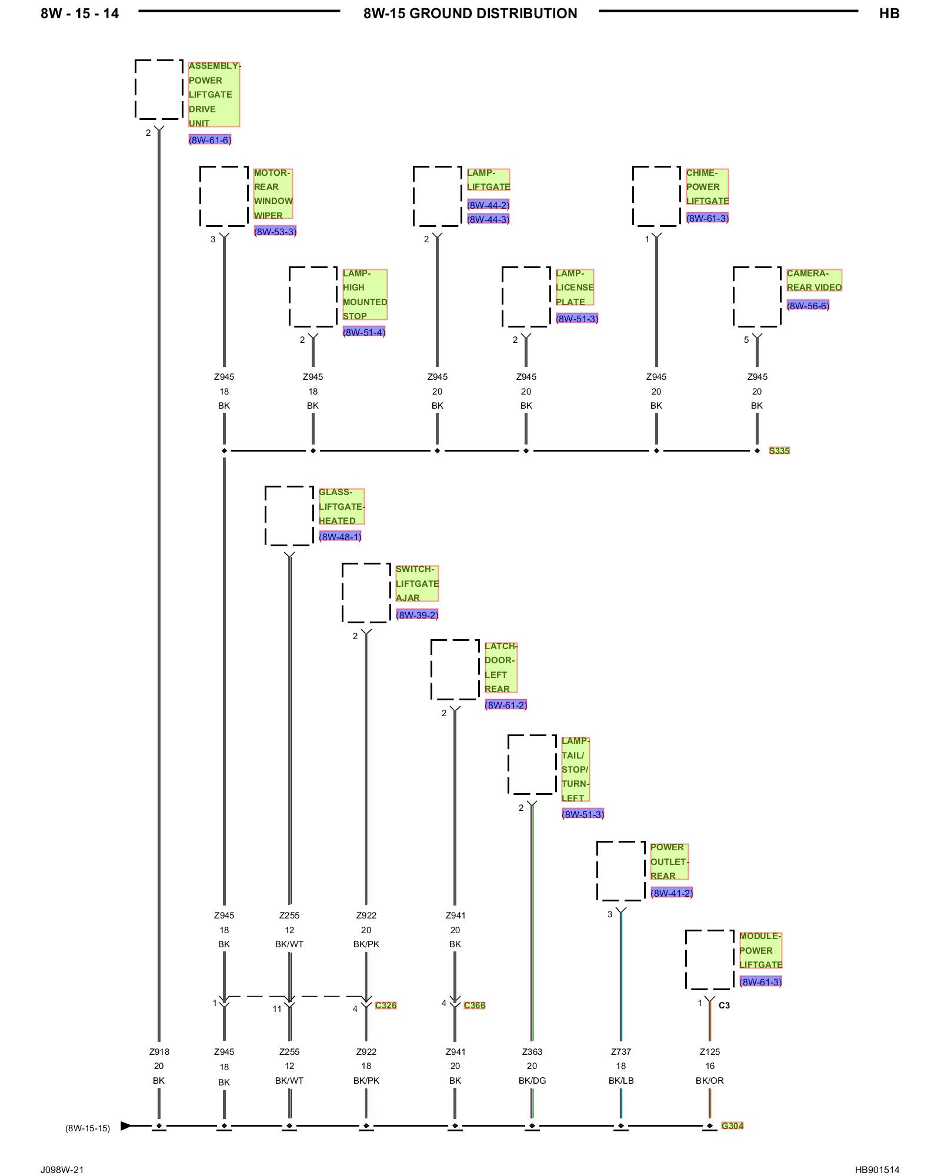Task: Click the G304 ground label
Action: pyautogui.click(x=732, y=1125)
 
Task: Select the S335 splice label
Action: pyautogui.click(x=779, y=450)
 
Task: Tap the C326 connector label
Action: pyautogui.click(x=386, y=1005)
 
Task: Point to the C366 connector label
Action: pyautogui.click(x=475, y=1005)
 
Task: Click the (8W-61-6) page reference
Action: pyautogui.click(x=210, y=140)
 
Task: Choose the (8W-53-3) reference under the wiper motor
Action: pyautogui.click(x=275, y=231)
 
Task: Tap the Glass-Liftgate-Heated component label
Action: pyautogui.click(x=342, y=506)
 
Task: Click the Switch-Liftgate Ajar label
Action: pyautogui.click(x=417, y=583)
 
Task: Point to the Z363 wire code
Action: pyautogui.click(x=532, y=1051)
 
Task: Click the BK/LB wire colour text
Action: pyautogui.click(x=621, y=1080)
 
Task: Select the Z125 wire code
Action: pyautogui.click(x=710, y=1051)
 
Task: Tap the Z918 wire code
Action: pyautogui.click(x=159, y=1051)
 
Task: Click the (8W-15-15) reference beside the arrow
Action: pyautogui.click(x=88, y=1128)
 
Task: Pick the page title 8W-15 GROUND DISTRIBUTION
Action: pyautogui.click(x=470, y=14)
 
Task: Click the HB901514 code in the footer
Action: pyautogui.click(x=877, y=1170)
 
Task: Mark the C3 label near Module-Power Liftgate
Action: pyautogui.click(x=724, y=1005)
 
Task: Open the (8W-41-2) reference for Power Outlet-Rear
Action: pyautogui.click(x=672, y=893)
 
